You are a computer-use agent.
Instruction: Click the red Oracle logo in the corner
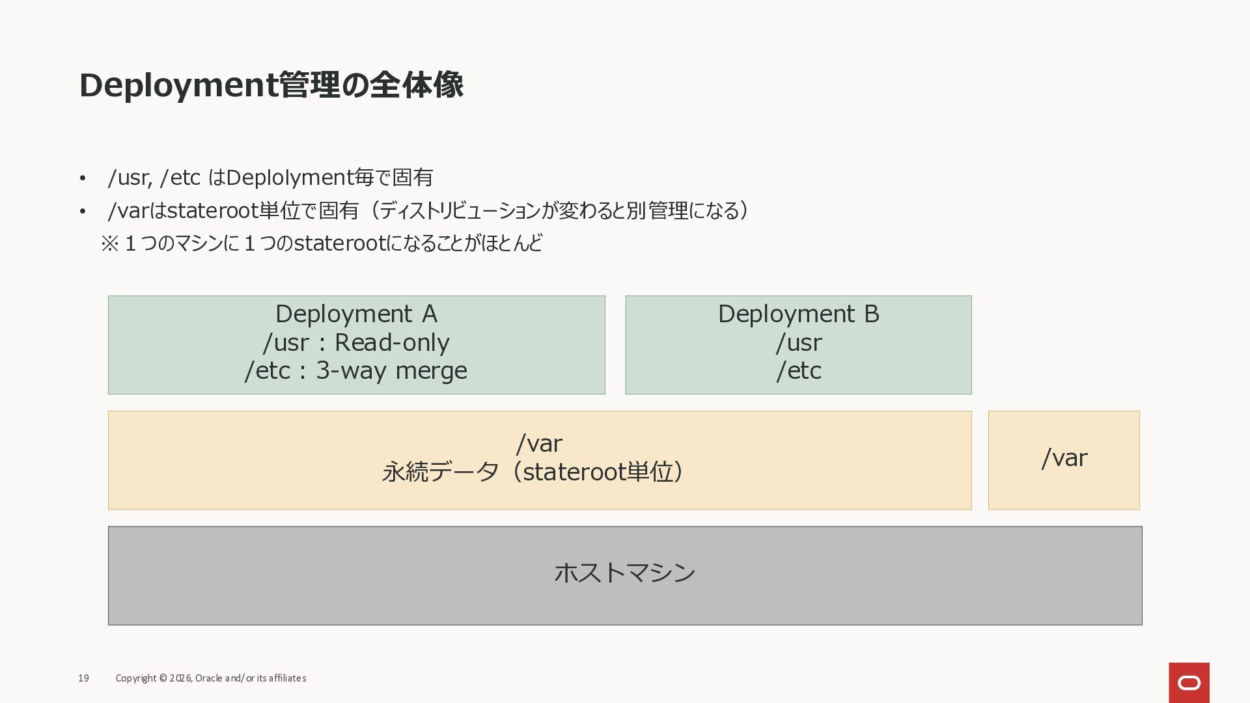(x=1189, y=683)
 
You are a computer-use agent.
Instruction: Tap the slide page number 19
(x=83, y=678)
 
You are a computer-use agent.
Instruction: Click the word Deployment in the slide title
(x=178, y=86)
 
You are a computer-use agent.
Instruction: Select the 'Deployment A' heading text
(x=356, y=314)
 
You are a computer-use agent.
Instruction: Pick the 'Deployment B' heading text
(x=798, y=314)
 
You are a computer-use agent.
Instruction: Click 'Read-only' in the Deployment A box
(x=392, y=342)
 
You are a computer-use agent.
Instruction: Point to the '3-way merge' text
(x=391, y=370)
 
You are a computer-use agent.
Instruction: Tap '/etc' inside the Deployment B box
(x=799, y=370)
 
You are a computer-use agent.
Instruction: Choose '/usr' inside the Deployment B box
(x=799, y=342)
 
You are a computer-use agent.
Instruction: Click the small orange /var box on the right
(x=1064, y=460)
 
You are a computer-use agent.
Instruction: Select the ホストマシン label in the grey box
(x=625, y=573)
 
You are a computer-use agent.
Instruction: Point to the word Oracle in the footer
(x=208, y=678)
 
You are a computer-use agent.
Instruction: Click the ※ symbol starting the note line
(x=109, y=243)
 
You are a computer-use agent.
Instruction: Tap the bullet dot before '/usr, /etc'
(x=83, y=178)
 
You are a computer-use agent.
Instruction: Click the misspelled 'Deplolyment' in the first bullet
(x=289, y=178)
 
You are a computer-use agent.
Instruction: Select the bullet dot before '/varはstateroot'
(x=83, y=212)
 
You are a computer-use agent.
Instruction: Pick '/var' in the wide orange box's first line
(x=539, y=443)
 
